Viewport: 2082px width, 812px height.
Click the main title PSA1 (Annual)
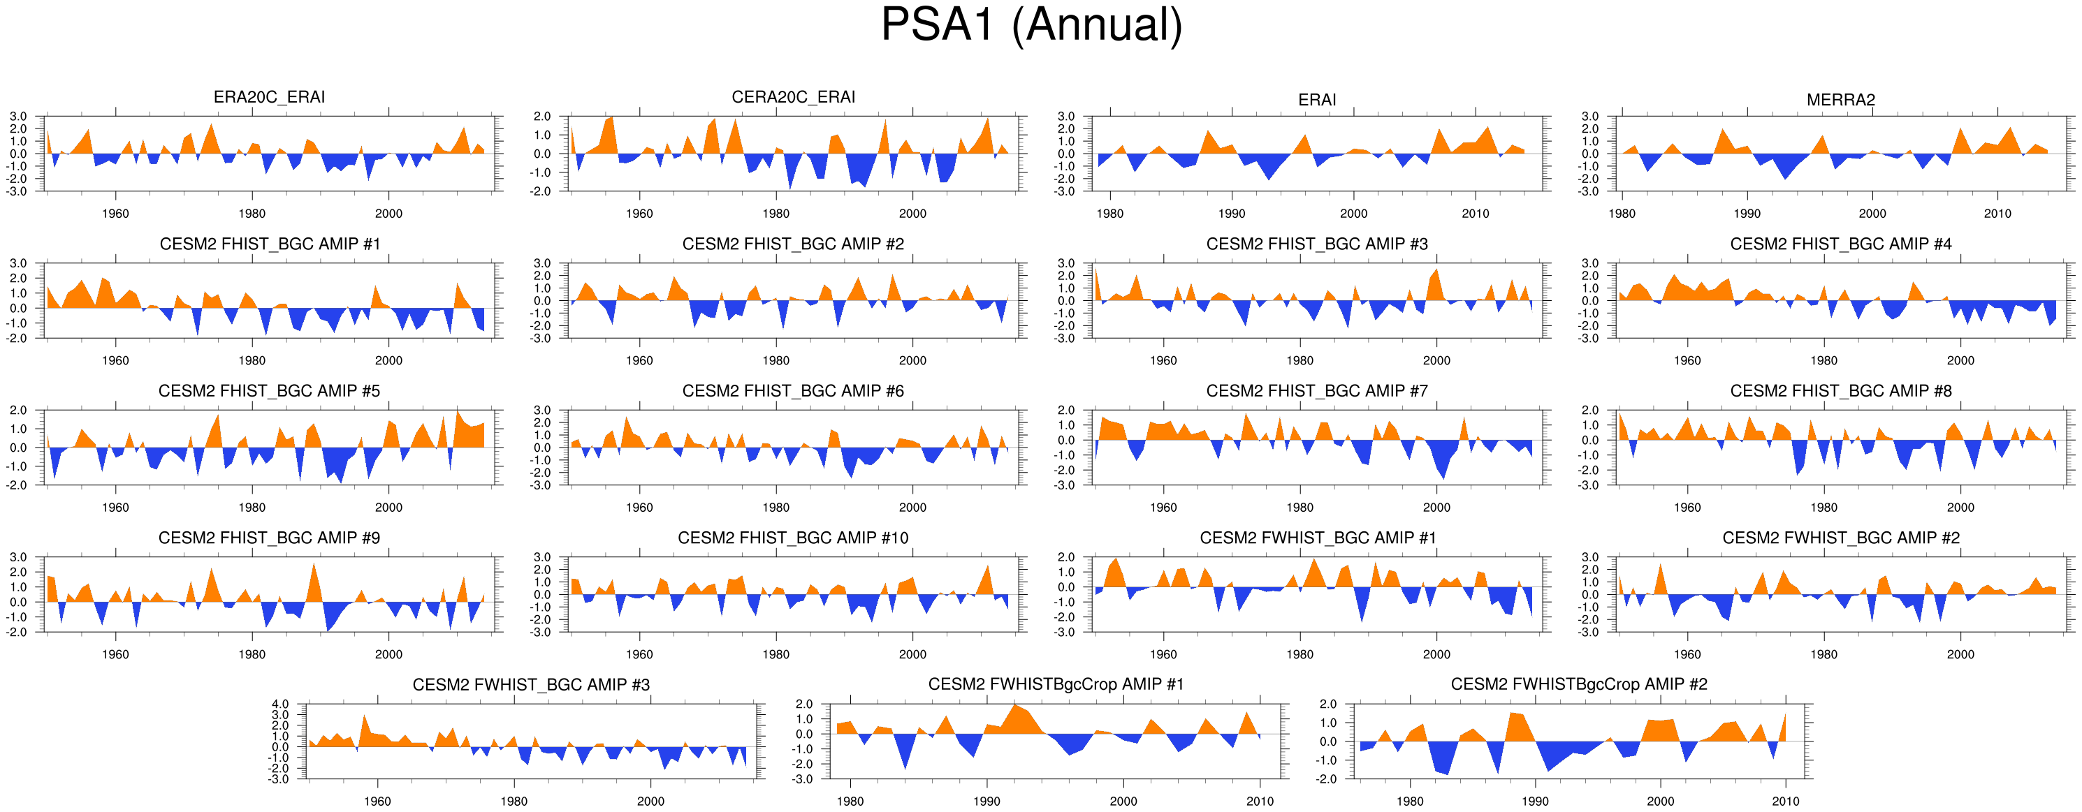click(1031, 26)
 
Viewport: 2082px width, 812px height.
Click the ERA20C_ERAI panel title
click(269, 97)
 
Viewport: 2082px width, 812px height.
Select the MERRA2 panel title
click(1840, 99)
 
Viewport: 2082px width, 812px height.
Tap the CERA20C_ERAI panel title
click(793, 97)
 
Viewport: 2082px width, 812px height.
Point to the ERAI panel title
click(1316, 99)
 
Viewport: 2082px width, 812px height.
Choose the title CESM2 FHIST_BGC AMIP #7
click(1316, 391)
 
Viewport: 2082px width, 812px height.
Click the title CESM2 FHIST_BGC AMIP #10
click(793, 538)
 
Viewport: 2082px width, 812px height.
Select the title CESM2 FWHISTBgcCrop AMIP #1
click(1056, 684)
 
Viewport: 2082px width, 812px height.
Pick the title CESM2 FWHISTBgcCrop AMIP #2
click(1578, 684)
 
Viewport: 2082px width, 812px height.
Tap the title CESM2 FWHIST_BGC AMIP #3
click(531, 685)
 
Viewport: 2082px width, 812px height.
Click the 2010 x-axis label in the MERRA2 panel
click(1997, 214)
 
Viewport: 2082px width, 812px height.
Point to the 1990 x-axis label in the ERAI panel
click(1232, 214)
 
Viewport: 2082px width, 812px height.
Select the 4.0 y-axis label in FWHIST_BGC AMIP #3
click(279, 704)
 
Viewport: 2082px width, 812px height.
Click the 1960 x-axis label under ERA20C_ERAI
click(115, 214)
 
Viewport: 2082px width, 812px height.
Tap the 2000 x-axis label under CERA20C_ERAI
click(912, 214)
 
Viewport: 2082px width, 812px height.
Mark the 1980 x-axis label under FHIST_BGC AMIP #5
click(252, 508)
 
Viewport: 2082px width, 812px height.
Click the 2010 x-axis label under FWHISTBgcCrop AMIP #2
click(1785, 802)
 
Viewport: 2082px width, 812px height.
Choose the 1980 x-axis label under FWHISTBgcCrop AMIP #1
click(850, 802)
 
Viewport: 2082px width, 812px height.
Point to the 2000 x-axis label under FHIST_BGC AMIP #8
click(1960, 508)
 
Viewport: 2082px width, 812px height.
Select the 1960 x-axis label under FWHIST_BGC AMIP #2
click(1687, 654)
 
